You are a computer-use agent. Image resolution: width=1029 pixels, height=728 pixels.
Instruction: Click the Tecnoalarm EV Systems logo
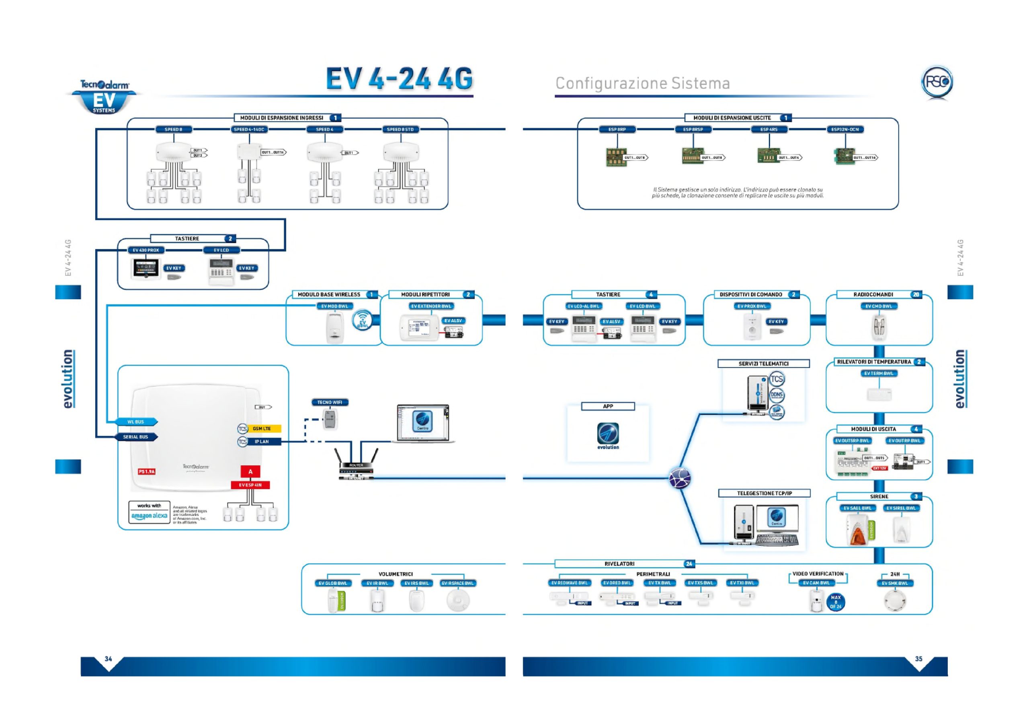[105, 96]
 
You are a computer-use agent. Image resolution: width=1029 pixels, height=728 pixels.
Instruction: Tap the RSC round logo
[937, 82]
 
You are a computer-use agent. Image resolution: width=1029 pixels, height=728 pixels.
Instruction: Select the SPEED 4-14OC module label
[249, 130]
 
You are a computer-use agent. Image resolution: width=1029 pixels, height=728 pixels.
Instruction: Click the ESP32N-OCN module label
[845, 130]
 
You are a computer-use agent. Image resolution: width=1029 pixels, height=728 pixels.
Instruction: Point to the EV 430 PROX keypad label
[146, 250]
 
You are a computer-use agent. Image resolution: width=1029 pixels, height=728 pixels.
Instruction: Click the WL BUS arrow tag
[136, 422]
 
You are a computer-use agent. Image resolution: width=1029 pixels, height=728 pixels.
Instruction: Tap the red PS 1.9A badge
[147, 471]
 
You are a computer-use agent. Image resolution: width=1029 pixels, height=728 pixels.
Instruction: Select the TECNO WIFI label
[330, 402]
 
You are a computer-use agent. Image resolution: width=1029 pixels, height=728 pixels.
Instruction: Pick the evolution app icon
[608, 434]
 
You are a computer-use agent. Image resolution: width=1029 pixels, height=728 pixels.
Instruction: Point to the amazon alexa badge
[149, 512]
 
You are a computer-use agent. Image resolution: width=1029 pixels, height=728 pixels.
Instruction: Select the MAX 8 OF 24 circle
[835, 602]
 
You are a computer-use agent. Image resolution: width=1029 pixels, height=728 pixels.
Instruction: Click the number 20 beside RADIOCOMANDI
[916, 295]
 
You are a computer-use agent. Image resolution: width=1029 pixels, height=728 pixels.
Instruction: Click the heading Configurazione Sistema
[642, 83]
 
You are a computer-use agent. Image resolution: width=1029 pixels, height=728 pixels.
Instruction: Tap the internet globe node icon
[679, 478]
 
